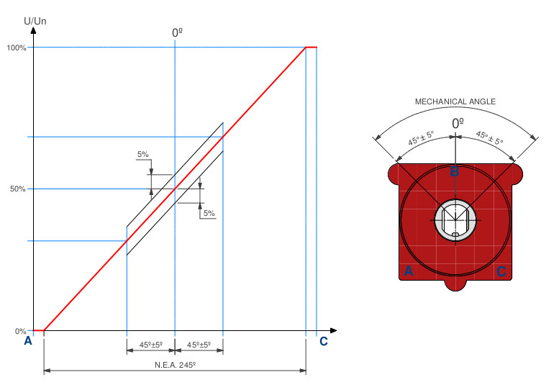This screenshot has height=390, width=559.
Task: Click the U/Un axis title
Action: (35, 21)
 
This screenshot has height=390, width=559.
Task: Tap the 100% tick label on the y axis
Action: (17, 47)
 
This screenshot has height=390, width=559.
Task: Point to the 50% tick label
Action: (18, 189)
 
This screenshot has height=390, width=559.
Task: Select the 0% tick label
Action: (20, 331)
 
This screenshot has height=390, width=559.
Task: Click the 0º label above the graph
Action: (177, 33)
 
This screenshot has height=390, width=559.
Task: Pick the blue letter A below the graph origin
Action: (28, 341)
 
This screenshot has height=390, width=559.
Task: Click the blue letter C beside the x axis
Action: (323, 342)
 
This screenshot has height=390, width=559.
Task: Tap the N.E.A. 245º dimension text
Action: (175, 365)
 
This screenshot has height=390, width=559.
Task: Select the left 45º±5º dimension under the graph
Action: (151, 345)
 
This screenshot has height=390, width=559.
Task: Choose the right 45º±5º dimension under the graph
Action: (199, 345)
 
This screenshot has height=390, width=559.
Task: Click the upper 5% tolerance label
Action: (143, 155)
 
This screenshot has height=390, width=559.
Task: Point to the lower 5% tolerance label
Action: (209, 213)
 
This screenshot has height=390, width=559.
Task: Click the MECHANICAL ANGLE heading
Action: (455, 101)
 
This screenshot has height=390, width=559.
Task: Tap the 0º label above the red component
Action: (458, 124)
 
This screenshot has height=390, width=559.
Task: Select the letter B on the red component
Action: (455, 172)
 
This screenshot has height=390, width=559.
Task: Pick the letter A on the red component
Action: (409, 271)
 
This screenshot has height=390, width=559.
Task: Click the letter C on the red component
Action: (501, 272)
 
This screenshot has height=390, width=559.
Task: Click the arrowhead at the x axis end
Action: (333, 331)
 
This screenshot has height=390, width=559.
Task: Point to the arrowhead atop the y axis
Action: (34, 30)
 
